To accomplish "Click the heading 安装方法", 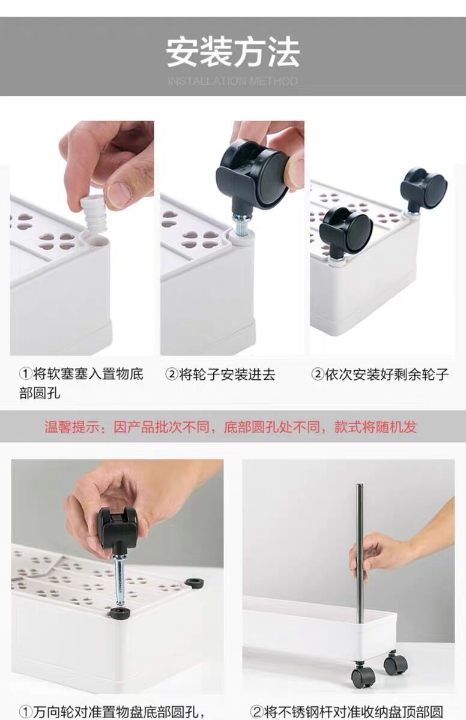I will point(233,53).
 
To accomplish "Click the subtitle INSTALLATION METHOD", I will point(233,81).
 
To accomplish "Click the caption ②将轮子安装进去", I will point(220,375).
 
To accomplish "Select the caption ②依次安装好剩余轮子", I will point(380,375).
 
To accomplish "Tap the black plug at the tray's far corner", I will point(193,583).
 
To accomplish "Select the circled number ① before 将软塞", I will point(25,375).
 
